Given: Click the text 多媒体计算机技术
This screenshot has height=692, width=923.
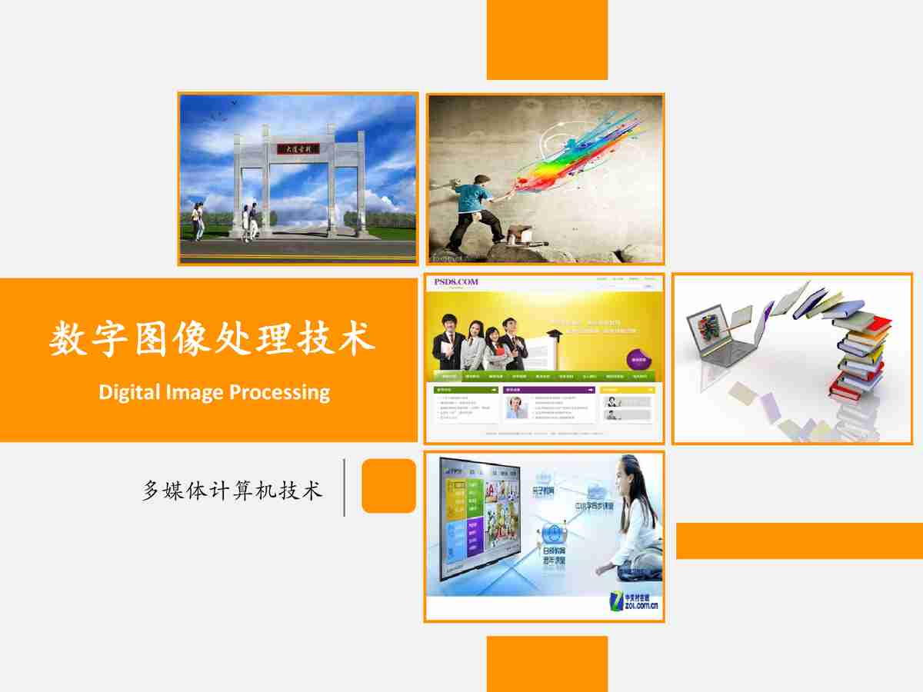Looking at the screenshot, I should tap(232, 490).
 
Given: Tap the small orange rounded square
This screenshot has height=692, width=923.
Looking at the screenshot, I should tap(388, 486).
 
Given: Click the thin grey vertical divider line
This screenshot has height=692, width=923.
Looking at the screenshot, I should tap(344, 487).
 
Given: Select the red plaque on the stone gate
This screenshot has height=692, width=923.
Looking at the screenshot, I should tap(298, 149).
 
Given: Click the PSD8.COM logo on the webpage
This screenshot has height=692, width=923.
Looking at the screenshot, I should tap(455, 282).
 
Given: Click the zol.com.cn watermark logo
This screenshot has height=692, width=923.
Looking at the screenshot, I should tap(635, 601).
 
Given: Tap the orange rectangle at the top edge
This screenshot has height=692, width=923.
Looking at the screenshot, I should tap(547, 39).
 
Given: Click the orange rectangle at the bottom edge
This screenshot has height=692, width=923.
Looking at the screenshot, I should tap(547, 664).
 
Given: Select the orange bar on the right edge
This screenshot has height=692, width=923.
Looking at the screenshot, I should tap(799, 541).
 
